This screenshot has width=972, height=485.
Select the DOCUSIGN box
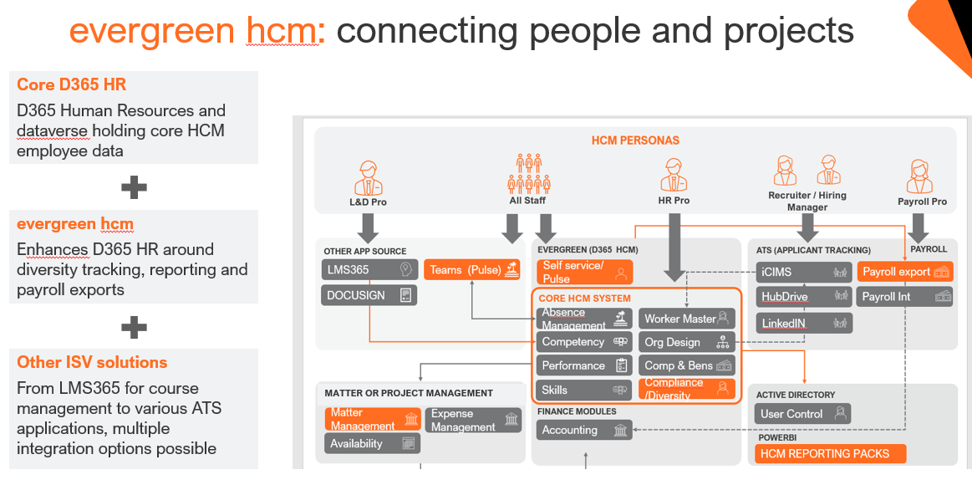(x=369, y=295)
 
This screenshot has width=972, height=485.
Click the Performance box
(x=583, y=365)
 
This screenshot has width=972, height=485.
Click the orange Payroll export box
(x=905, y=272)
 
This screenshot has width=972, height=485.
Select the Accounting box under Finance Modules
(x=583, y=430)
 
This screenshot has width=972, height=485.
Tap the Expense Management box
(x=474, y=420)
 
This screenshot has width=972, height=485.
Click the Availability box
(x=372, y=444)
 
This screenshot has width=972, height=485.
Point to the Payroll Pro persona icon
(x=920, y=176)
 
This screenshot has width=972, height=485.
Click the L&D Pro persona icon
(x=368, y=176)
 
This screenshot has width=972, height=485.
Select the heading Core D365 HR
(x=72, y=85)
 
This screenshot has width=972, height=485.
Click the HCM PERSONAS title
(x=635, y=140)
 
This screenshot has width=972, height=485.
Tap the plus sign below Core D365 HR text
(x=134, y=187)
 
